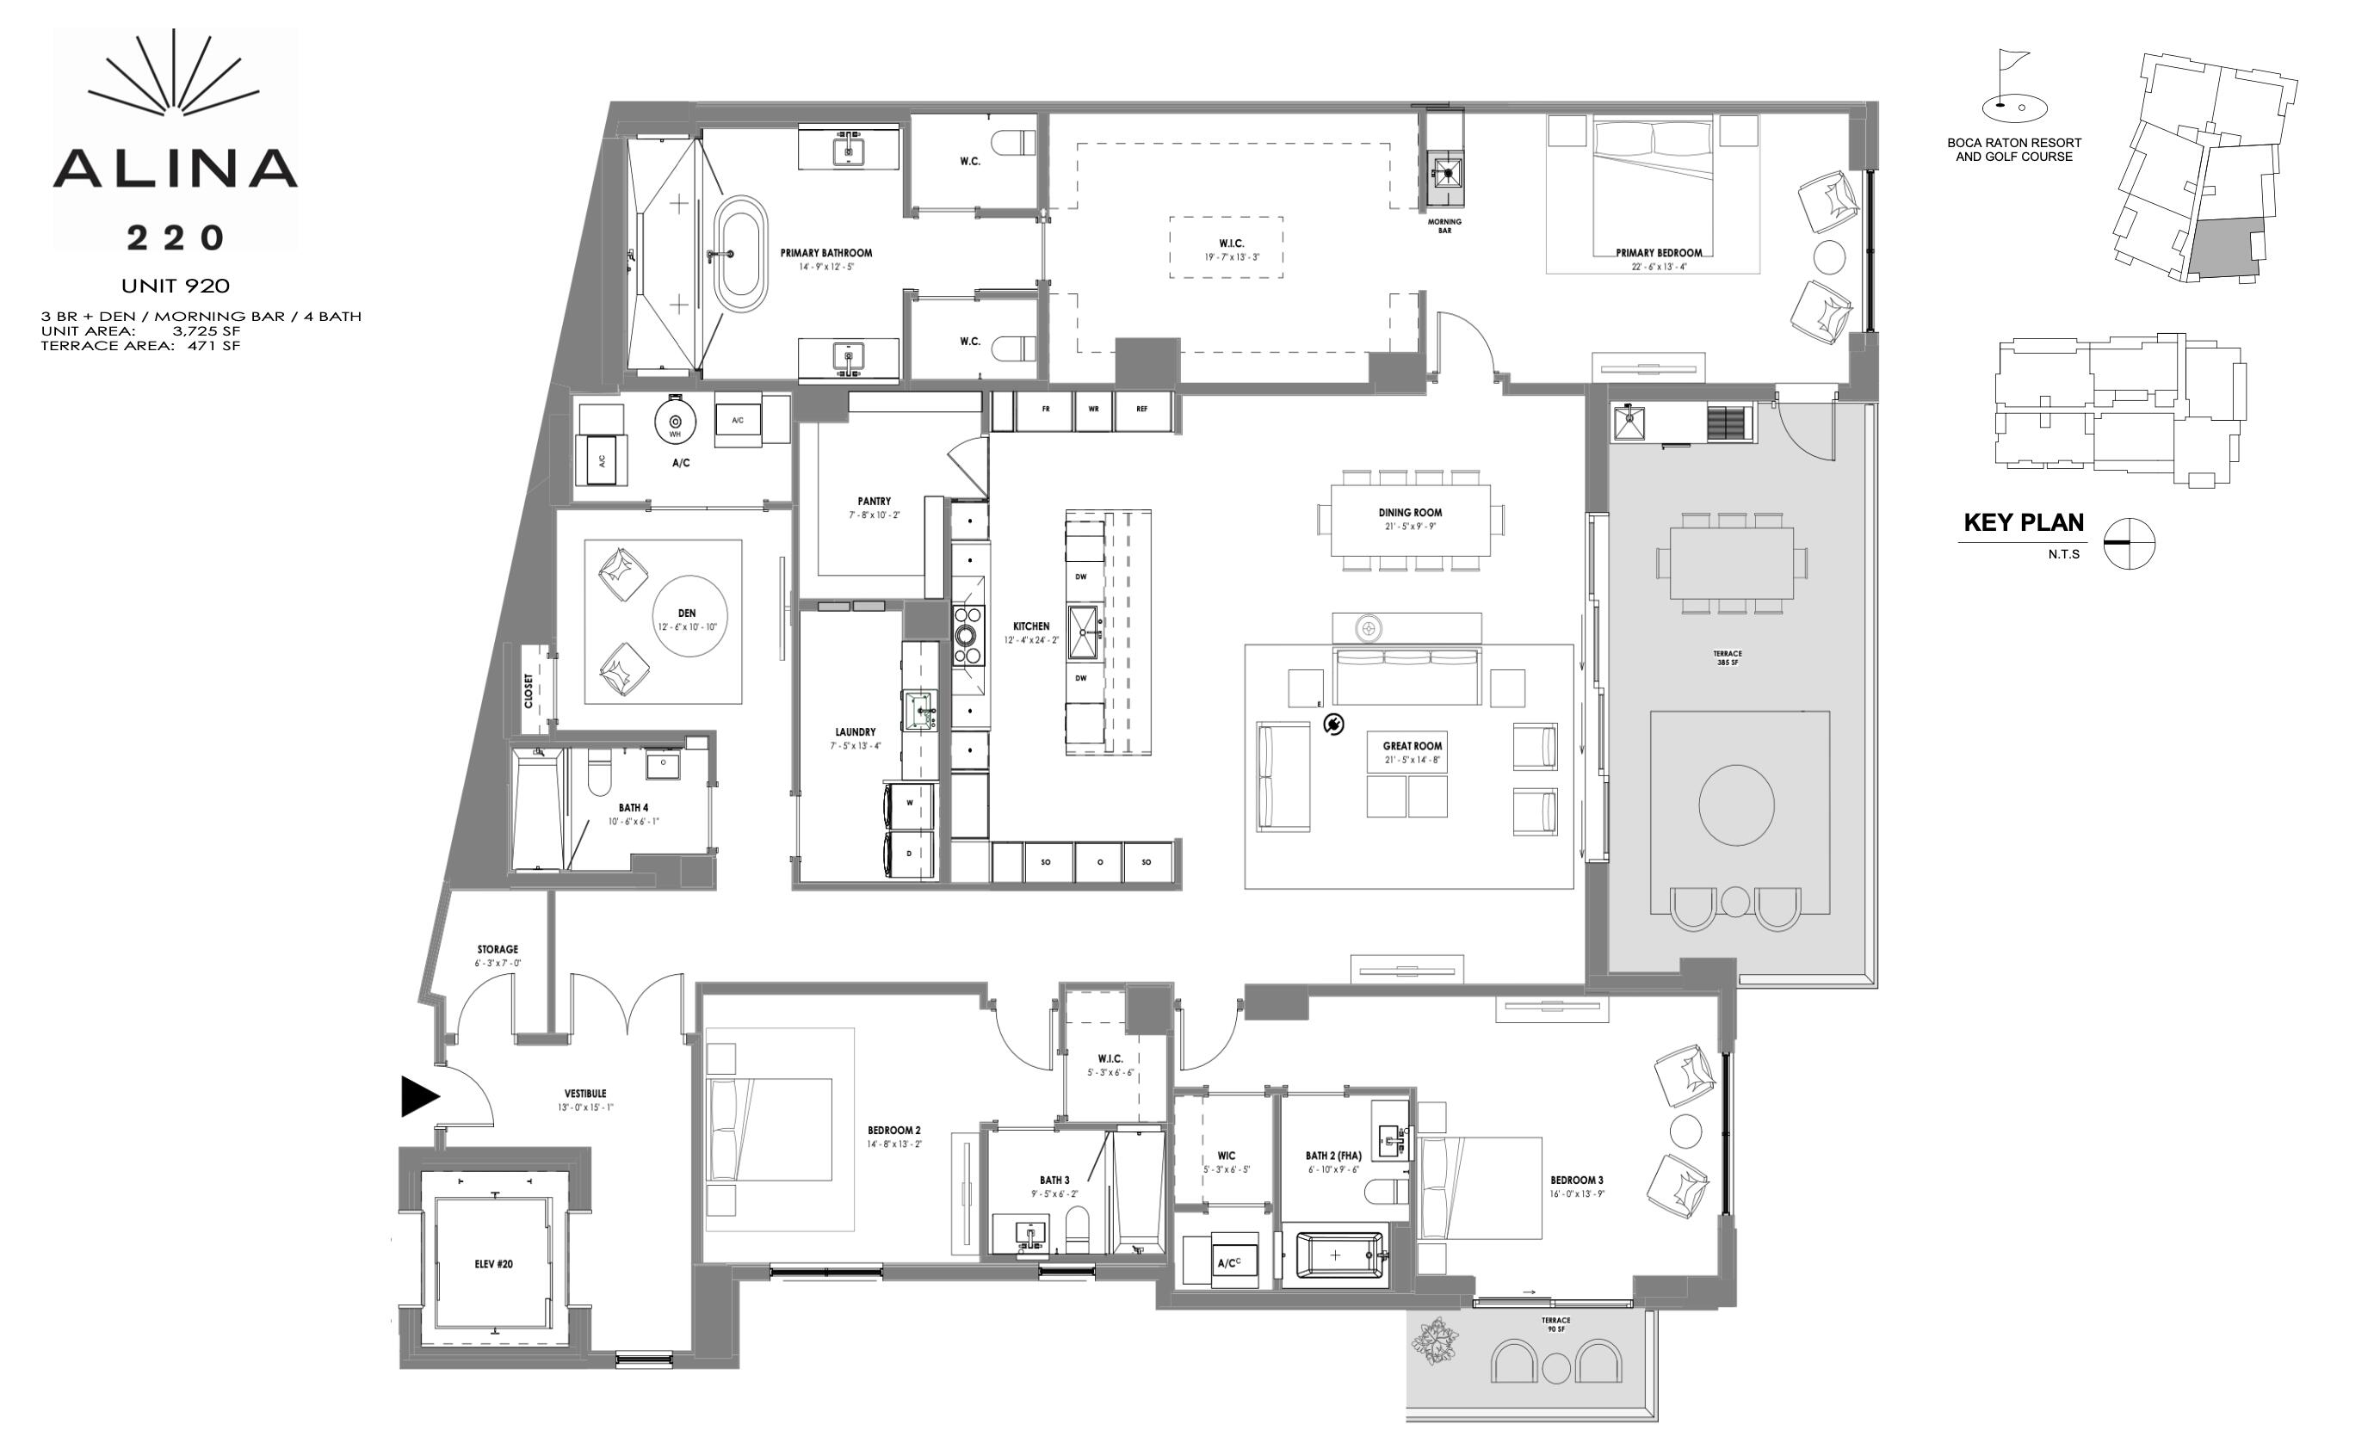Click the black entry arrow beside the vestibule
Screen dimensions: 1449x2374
[x=419, y=1096]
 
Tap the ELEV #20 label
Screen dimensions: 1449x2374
[x=493, y=1264]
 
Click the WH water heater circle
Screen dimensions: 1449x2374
[x=676, y=422]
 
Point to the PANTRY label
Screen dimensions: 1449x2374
[x=874, y=502]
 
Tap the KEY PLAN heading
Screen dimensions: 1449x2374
[x=2024, y=522]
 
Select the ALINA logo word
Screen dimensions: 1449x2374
[x=175, y=169]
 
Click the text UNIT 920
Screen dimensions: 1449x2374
[x=176, y=285]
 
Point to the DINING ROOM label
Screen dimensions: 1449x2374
[x=1410, y=514]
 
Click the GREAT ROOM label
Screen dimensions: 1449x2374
[x=1413, y=746]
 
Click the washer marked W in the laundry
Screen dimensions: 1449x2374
[x=910, y=803]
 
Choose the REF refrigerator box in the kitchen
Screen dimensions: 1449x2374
[x=1141, y=410]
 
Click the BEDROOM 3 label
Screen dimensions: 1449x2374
[x=1576, y=1181]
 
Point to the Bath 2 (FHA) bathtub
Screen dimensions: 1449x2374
[x=1335, y=1255]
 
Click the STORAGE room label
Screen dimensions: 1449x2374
[x=498, y=950]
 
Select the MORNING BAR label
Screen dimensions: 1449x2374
[x=1444, y=225]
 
